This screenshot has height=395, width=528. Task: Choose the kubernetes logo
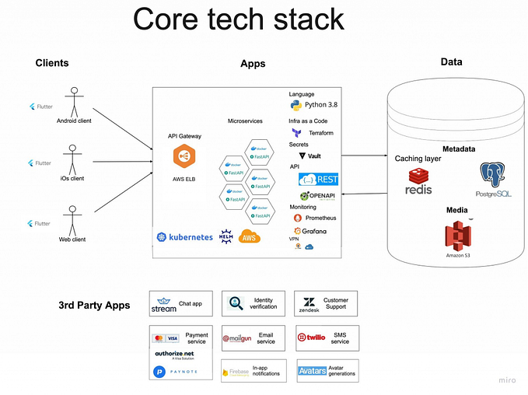click(184, 237)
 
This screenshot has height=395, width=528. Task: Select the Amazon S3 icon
click(458, 237)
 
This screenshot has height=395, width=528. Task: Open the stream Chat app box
click(177, 304)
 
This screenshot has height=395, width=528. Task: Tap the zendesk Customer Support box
click(326, 304)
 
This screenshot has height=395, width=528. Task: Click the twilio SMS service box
click(326, 338)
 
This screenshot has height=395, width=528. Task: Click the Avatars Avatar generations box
click(327, 371)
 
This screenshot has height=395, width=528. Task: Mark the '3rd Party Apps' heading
click(94, 305)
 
